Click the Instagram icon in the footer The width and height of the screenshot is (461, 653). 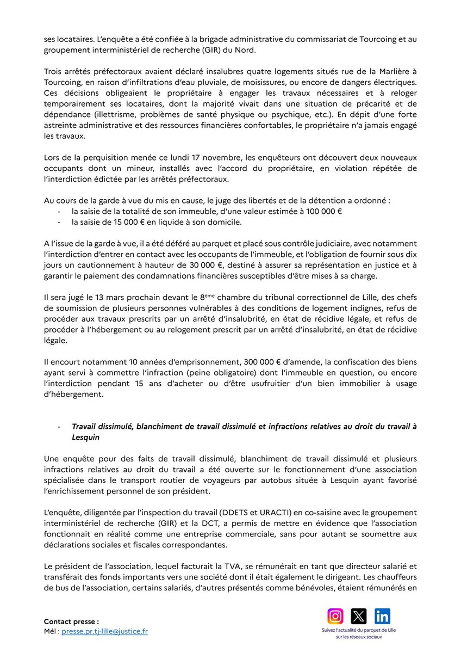[336, 616]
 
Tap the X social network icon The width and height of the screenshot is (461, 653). [359, 616]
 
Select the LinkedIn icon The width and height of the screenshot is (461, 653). [382, 616]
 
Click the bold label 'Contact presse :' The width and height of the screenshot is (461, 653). [71, 621]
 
